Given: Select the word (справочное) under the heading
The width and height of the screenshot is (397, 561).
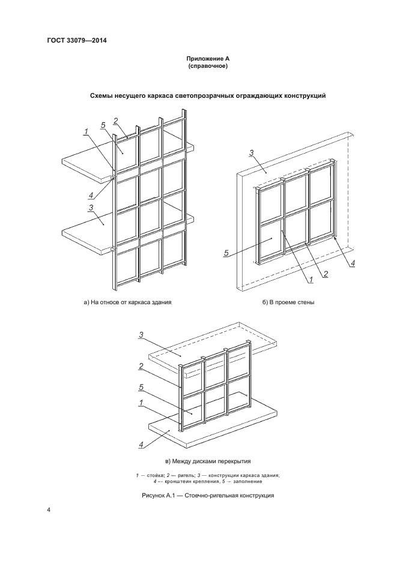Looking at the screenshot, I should tap(207, 67).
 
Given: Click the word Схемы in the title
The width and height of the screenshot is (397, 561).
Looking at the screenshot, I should tap(103, 95).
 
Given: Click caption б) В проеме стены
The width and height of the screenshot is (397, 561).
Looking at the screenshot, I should tap(289, 302).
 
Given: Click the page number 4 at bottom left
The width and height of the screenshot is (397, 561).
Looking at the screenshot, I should tap(49, 511).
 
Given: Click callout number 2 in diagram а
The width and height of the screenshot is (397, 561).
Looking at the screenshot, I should tap(115, 120).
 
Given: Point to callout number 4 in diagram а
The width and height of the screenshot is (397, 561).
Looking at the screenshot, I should tap(90, 195).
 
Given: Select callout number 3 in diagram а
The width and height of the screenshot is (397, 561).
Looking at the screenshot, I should tap(90, 208).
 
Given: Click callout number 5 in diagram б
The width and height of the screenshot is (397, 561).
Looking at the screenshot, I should tap(226, 253).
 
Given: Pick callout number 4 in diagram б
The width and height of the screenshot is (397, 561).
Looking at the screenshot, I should tap(353, 263).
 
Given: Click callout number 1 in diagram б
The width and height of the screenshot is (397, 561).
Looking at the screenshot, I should tap(312, 279).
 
